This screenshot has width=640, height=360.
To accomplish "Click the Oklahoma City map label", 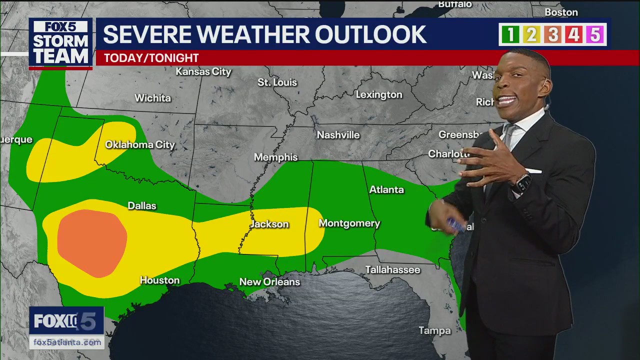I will (140, 145).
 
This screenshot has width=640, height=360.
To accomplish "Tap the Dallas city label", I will (142, 206).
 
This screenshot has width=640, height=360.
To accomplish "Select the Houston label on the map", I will (159, 280).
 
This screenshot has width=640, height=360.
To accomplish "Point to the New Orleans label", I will (269, 282).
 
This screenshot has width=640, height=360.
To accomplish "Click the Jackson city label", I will (270, 224).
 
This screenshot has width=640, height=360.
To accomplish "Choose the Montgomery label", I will (349, 223).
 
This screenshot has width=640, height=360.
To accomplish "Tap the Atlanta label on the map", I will (386, 189).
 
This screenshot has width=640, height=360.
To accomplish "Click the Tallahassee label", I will (392, 270).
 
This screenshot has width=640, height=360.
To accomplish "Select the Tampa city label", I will (434, 330).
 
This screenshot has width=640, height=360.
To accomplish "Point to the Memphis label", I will (275, 157).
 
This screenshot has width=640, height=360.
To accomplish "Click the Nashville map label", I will (338, 135).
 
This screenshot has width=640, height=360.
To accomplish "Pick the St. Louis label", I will (277, 82).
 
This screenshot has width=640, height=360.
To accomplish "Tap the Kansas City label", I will (203, 72).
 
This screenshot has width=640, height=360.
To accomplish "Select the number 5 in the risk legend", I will (595, 34).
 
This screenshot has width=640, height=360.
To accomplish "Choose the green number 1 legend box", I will (510, 34).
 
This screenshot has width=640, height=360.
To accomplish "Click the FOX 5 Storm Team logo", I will (60, 43).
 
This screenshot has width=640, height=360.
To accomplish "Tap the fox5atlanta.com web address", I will (67, 342).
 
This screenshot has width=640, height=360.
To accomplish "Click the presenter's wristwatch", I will (522, 183).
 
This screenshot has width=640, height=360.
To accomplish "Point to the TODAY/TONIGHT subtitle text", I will (151, 58).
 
